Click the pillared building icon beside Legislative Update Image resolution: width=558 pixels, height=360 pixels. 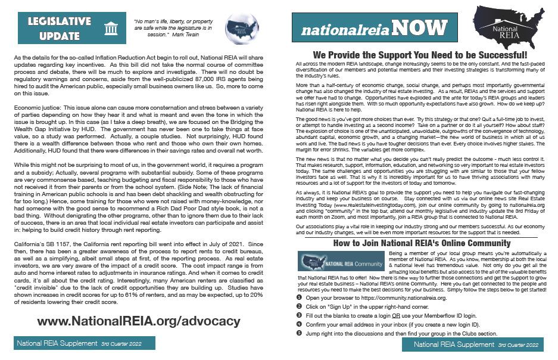[111, 29]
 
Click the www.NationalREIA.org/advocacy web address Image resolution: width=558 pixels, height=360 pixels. [139, 321]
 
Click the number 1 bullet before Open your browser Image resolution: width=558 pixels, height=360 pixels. [299, 297]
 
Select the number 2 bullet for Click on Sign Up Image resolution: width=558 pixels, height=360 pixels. [299, 306]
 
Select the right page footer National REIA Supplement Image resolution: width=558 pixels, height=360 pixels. [477, 345]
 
